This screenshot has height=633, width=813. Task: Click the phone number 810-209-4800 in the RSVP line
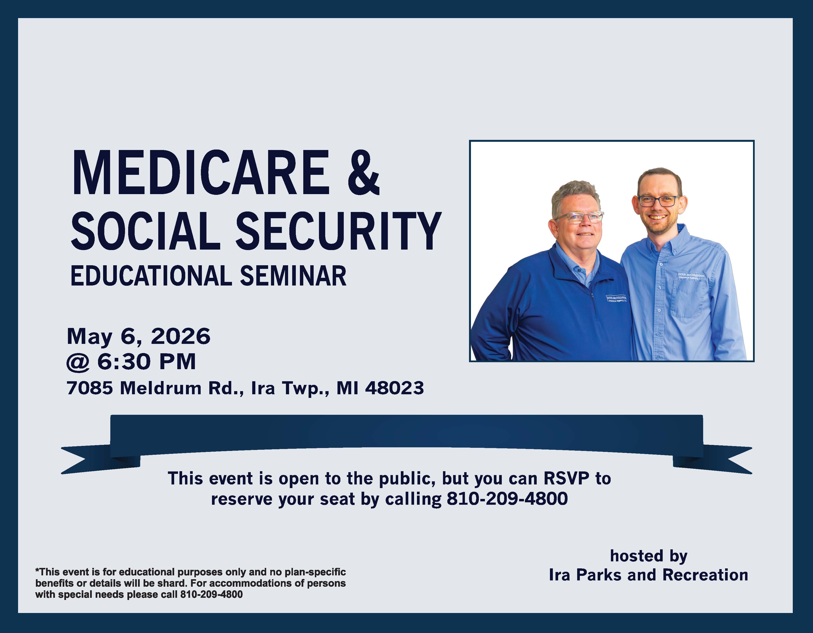pyautogui.click(x=507, y=498)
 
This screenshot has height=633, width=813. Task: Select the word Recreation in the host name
pyautogui.click(x=705, y=575)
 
